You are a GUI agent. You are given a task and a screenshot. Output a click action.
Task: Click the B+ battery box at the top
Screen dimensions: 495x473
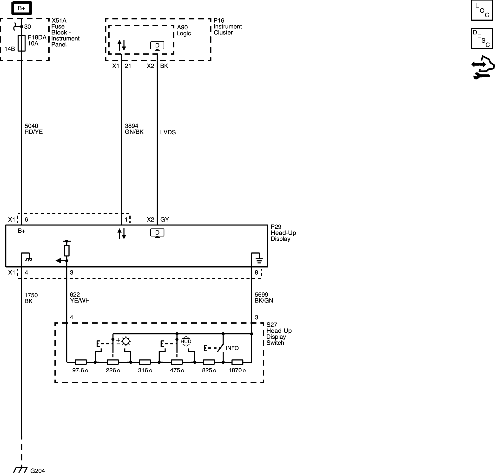[x=21, y=8]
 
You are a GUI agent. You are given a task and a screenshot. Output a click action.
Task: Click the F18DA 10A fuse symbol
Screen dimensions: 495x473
[x=22, y=43]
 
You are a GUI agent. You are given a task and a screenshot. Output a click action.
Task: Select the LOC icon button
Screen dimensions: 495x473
[x=482, y=10]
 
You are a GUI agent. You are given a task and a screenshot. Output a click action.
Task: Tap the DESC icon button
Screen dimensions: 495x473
[x=482, y=38]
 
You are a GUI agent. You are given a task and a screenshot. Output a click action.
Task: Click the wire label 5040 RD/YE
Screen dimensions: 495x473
[x=33, y=129]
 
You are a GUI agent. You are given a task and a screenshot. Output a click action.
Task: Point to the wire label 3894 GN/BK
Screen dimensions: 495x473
[x=134, y=129]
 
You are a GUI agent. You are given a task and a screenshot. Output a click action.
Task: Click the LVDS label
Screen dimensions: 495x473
[x=168, y=132]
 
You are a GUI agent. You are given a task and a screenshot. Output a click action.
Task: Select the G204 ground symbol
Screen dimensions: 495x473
[x=20, y=470]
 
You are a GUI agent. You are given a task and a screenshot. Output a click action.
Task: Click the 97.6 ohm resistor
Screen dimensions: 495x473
[x=81, y=362]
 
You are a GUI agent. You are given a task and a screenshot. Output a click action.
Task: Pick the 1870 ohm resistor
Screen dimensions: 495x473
[x=237, y=362]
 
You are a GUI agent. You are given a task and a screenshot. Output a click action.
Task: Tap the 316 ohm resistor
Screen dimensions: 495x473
[x=145, y=362]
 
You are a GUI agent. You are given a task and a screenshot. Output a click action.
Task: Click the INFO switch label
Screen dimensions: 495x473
[x=232, y=348]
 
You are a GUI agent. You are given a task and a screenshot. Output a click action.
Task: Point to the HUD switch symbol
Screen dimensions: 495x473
[x=186, y=342]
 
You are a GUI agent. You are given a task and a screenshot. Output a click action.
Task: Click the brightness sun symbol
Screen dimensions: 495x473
[x=126, y=342]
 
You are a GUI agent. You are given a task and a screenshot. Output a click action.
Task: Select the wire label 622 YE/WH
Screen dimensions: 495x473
[x=80, y=297]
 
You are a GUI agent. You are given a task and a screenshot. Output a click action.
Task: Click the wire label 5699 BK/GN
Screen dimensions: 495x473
[x=264, y=297]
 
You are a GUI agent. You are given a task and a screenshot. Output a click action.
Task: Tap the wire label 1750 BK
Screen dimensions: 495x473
[x=31, y=298]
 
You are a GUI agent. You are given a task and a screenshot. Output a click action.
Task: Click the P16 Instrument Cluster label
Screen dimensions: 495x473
[x=227, y=26]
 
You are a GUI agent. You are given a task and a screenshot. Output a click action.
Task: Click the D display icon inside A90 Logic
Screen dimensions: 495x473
[x=157, y=46]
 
